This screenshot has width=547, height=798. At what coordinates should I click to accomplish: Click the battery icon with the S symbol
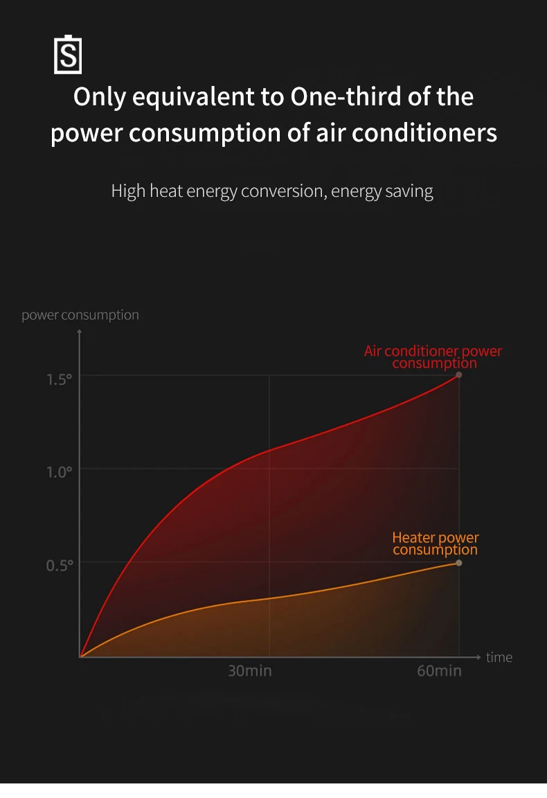coord(68,55)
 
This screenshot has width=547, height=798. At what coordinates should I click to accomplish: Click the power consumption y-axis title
coord(80,315)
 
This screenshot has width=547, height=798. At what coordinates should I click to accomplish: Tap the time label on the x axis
coord(499,657)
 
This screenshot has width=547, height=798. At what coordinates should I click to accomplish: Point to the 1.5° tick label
coord(60,379)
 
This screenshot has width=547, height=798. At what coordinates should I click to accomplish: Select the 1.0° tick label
coord(60,472)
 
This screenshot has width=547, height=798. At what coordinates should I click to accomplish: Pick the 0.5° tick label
coord(60,565)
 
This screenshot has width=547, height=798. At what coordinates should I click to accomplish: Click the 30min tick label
coord(250,671)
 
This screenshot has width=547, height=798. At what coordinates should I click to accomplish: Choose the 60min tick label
coord(439,671)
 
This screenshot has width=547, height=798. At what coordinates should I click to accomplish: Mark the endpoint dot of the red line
coord(458,375)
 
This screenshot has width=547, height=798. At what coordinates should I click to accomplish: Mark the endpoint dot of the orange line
coord(458,563)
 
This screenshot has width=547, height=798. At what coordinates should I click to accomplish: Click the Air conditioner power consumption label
coord(433,357)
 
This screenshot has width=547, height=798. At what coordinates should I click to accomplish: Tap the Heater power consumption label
coord(435,544)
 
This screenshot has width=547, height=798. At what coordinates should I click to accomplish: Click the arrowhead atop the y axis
coord(80,332)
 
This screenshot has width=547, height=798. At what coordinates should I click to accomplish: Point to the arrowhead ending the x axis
coord(478,656)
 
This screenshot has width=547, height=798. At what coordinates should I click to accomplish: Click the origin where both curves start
coord(81,656)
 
